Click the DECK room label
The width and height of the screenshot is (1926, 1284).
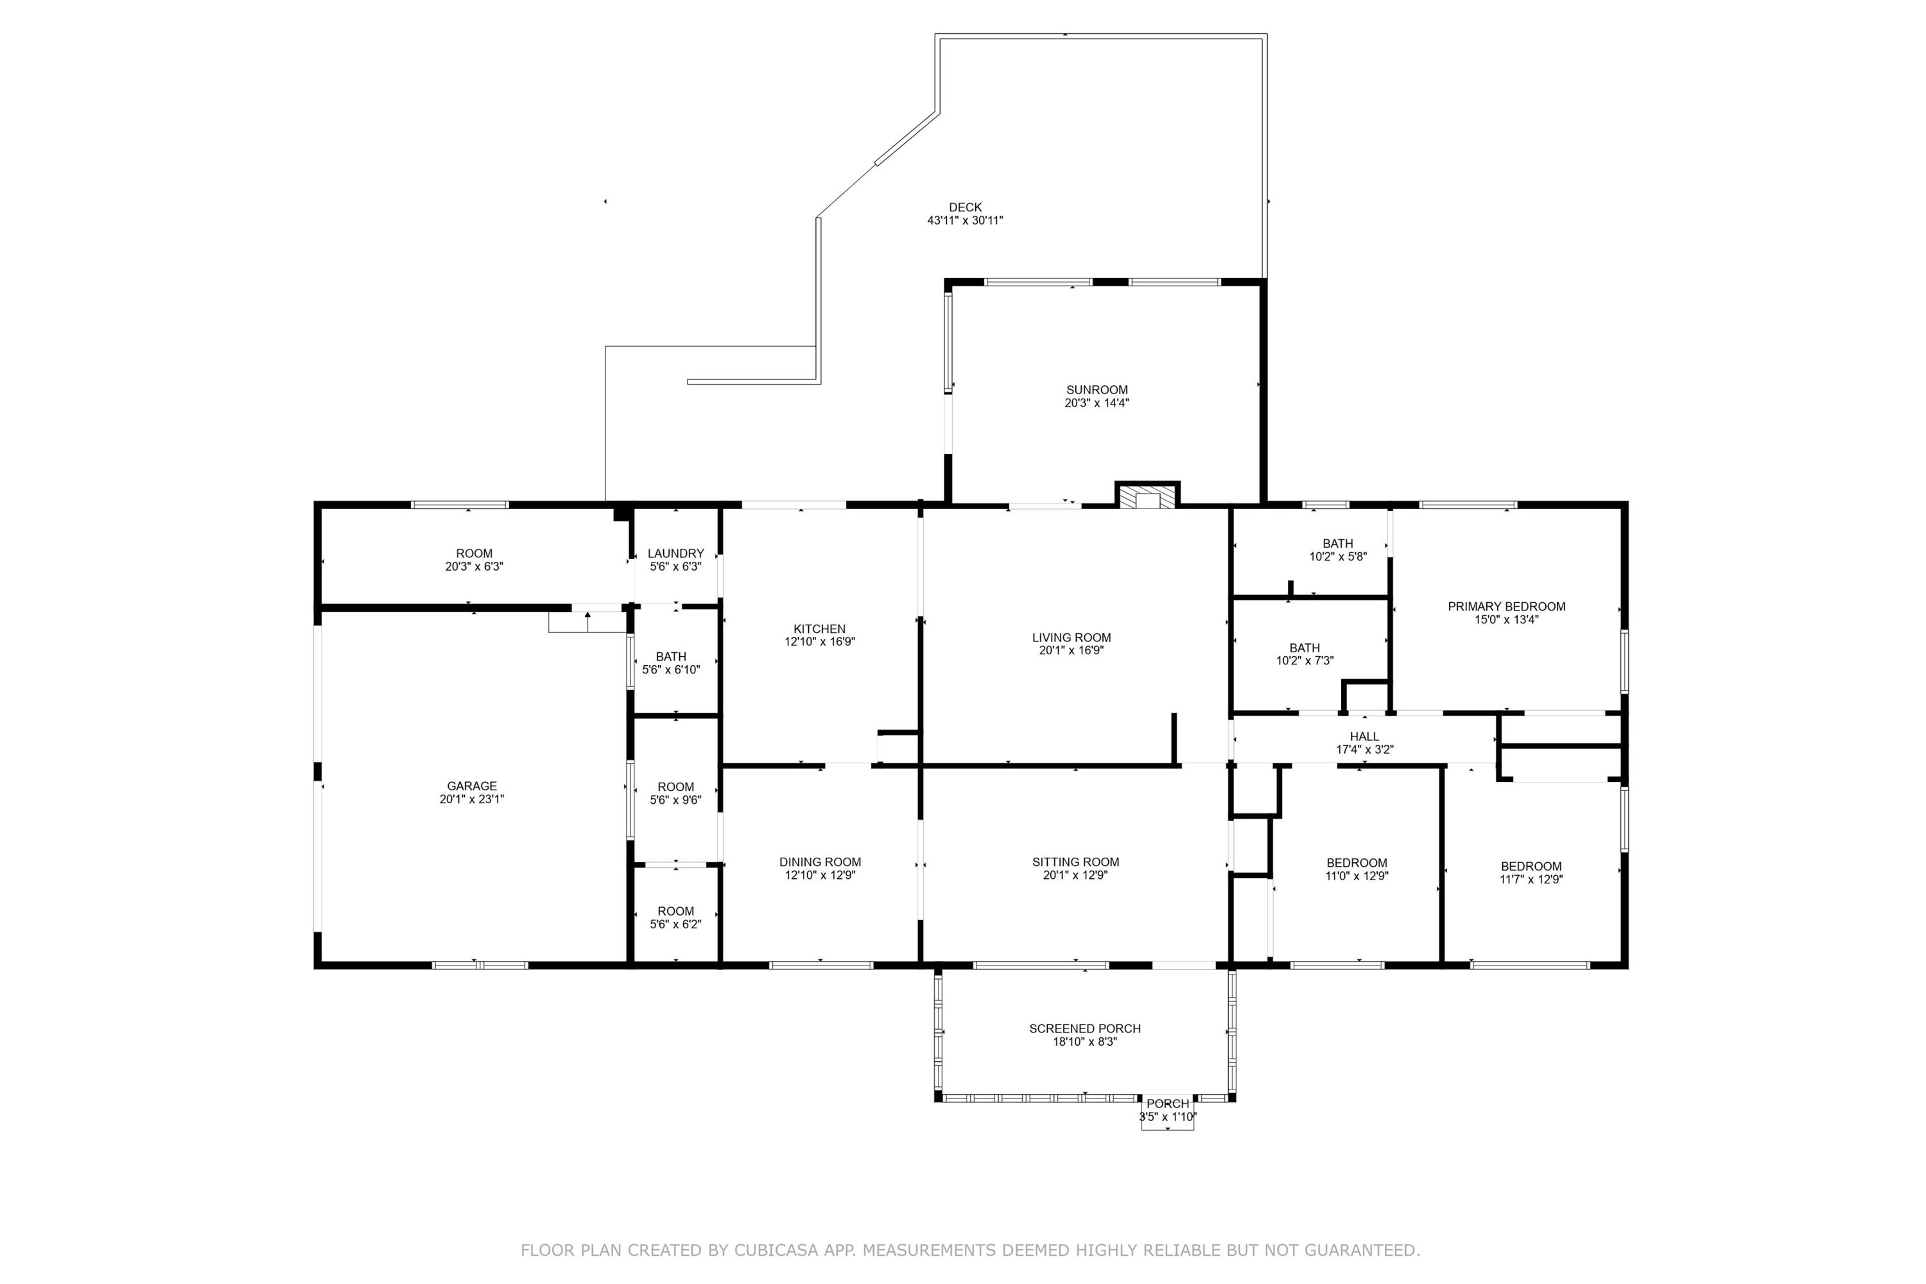965,207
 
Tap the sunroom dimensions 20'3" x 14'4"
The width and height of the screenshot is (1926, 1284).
1097,403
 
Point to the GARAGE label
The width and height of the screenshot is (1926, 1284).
472,786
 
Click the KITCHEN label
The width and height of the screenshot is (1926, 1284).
819,629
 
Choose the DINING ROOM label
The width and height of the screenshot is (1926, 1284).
820,862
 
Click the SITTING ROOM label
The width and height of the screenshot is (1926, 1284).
1075,862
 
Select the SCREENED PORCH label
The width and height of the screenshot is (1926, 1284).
1084,1028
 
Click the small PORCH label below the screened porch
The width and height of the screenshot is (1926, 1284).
1167,1104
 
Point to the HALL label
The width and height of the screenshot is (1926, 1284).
1364,736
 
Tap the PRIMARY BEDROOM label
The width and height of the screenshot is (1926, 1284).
1506,607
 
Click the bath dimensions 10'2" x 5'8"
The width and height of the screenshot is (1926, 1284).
1337,557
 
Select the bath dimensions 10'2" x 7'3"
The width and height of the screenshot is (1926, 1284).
1305,661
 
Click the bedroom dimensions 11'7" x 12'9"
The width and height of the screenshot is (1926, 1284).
1531,880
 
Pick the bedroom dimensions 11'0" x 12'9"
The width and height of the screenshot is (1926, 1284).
1357,876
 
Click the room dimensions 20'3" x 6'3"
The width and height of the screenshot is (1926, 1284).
474,567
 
